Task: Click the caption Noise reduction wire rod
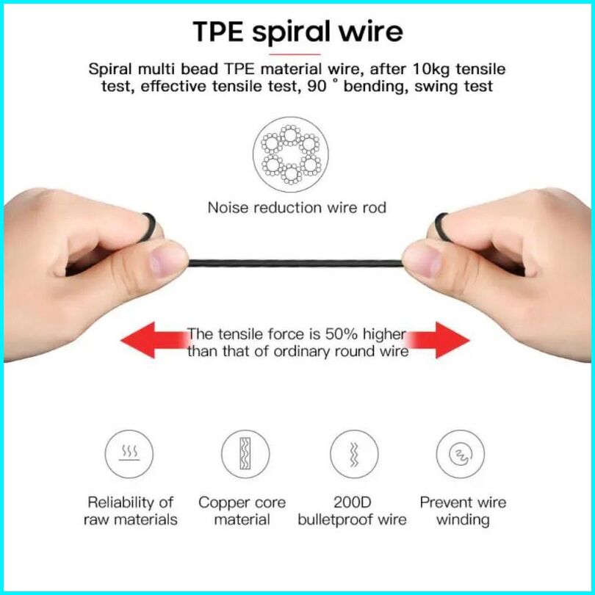tap(297, 207)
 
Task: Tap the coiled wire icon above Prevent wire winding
tap(461, 454)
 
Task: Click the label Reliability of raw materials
tap(130, 511)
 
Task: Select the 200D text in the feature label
tap(351, 503)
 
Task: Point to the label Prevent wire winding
tap(463, 511)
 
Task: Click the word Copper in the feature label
tap(222, 503)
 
